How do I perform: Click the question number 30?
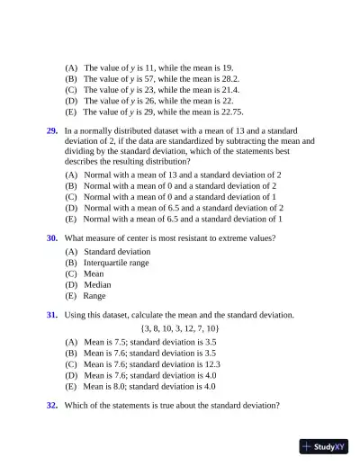tap(52, 238)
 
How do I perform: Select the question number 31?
tap(52, 315)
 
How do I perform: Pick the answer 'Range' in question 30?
tap(94, 295)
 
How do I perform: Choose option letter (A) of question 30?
tap(71, 252)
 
